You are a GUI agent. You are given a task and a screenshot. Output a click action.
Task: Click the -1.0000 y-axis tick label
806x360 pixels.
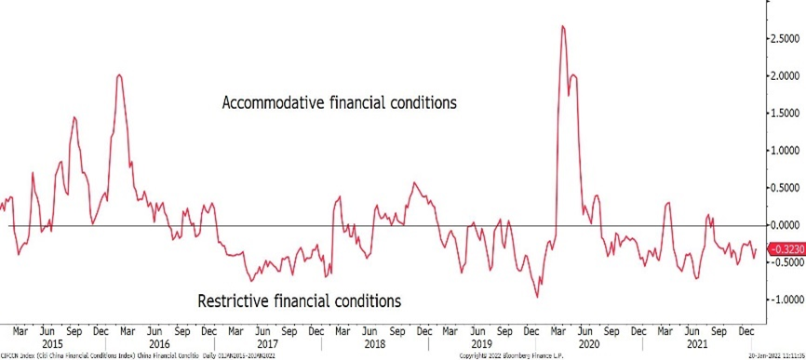coord(783,300)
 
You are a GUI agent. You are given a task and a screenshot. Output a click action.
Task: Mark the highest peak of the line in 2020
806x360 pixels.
coord(563,26)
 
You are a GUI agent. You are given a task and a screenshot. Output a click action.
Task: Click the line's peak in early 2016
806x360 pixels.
coord(119,75)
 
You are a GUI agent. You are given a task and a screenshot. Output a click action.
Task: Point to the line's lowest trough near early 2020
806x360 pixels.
coord(537,296)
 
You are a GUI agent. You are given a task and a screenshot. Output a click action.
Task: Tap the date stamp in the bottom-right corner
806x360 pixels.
coord(775,355)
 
